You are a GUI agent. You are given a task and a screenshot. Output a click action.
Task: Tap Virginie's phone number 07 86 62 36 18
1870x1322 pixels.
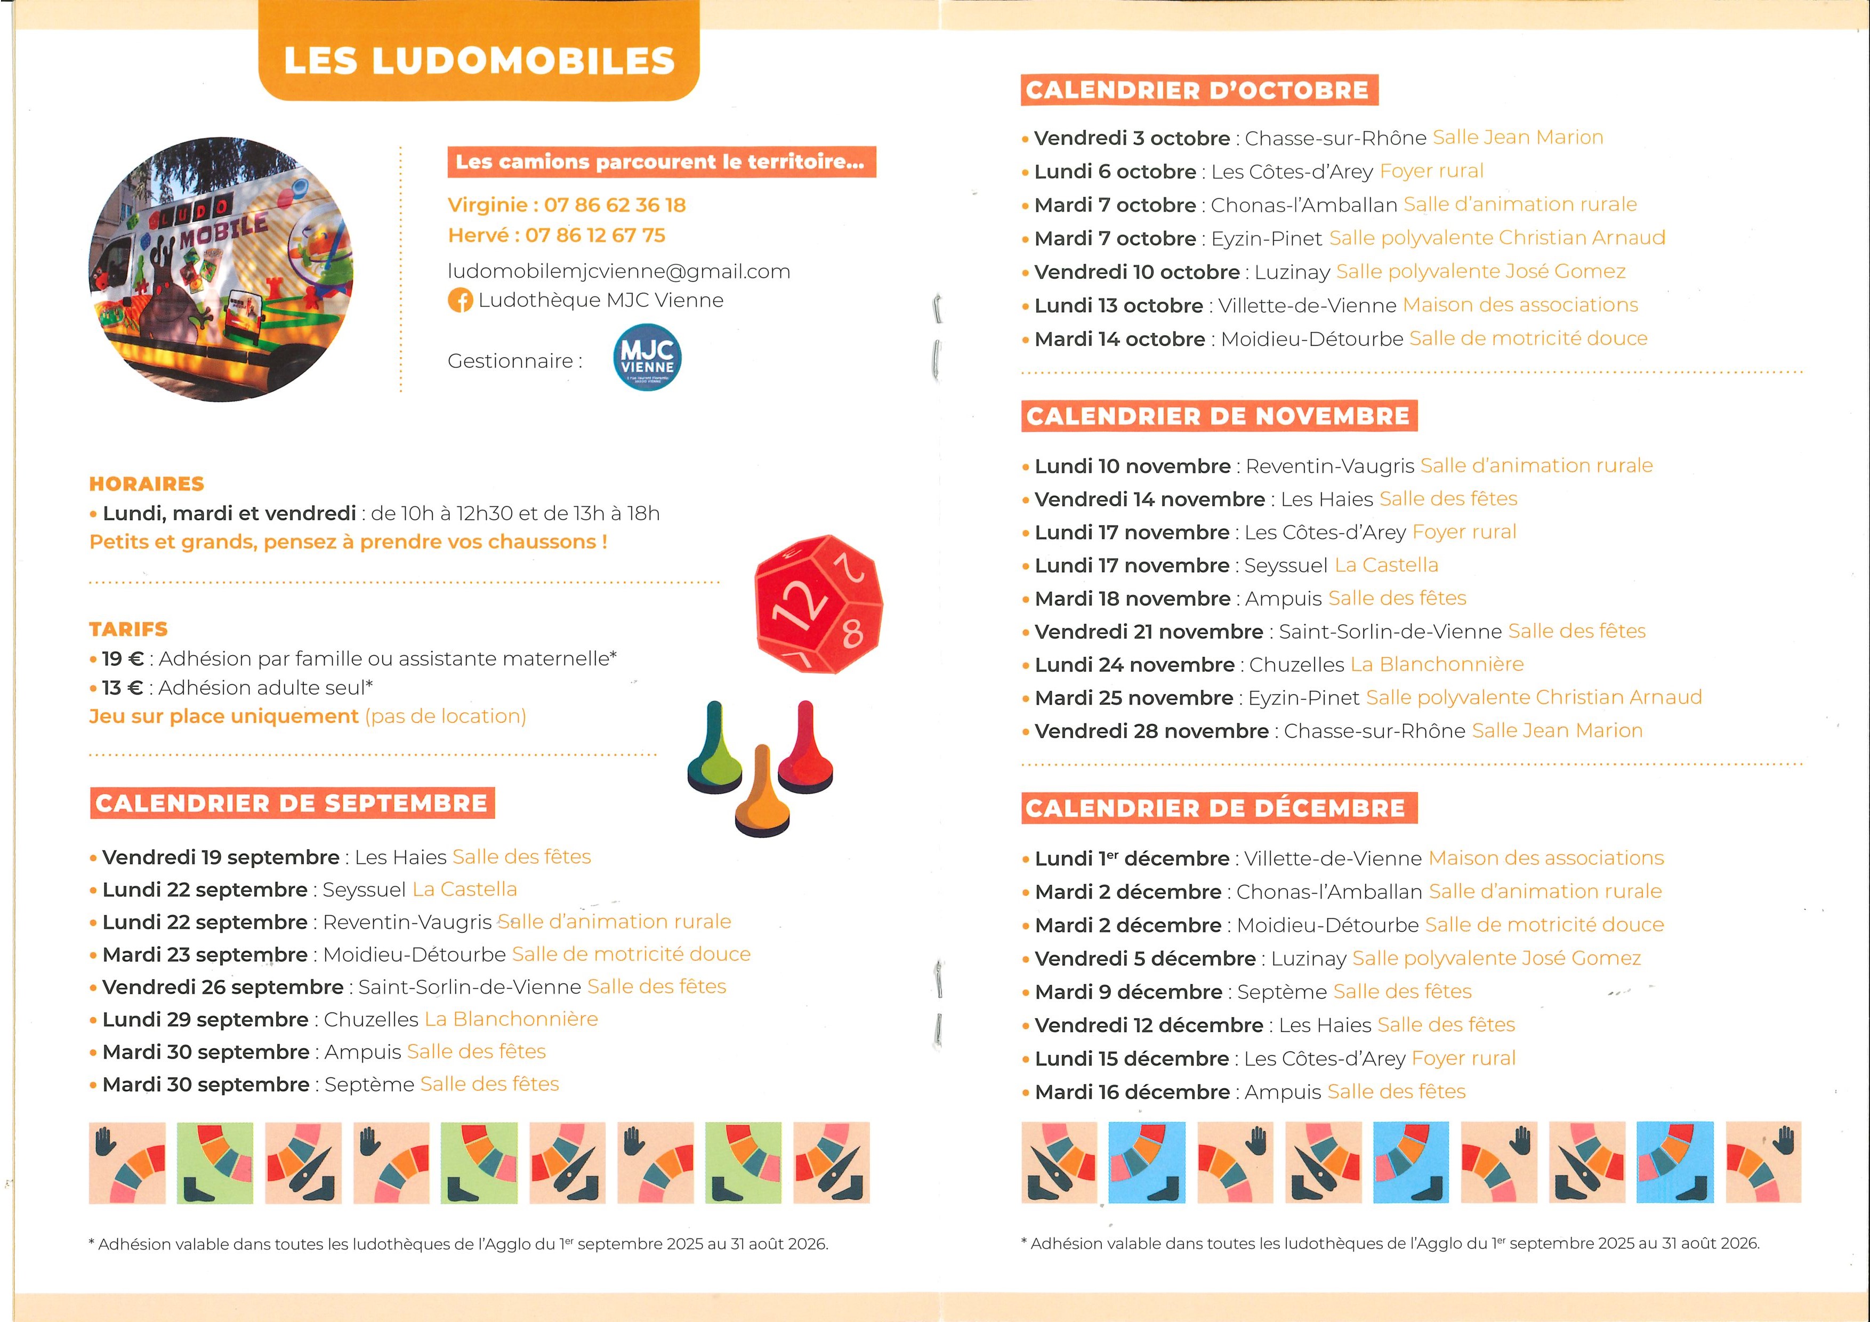click(615, 205)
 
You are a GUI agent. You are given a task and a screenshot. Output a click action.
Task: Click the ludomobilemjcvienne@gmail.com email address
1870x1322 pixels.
click(619, 271)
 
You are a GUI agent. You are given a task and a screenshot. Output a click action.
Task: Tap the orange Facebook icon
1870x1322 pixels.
click(460, 301)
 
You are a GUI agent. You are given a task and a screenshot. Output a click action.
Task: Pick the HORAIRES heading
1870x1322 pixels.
click(147, 484)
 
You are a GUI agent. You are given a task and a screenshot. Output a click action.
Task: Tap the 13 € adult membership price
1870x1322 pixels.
click(122, 688)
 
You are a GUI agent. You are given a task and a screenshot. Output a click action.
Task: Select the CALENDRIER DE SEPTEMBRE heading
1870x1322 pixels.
click(292, 803)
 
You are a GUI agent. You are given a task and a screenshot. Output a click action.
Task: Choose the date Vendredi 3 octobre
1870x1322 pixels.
click(1132, 139)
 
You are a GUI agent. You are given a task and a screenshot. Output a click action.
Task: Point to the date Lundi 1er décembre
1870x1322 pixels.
click(1132, 859)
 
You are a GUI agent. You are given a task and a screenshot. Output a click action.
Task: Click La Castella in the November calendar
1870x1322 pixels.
click(1386, 565)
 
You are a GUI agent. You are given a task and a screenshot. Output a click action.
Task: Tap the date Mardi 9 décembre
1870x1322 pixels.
click(1128, 992)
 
